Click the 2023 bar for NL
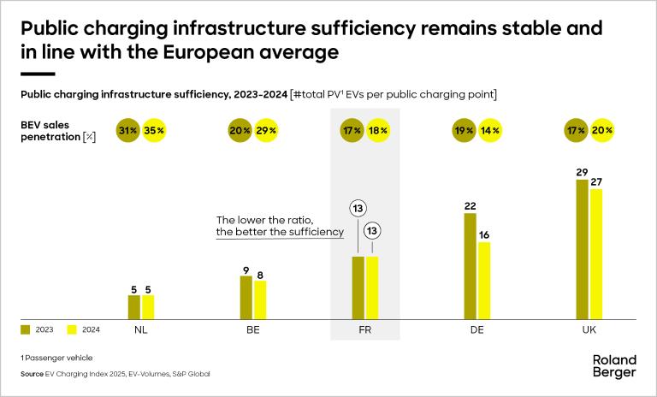[133, 307]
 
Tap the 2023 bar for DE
[470, 265]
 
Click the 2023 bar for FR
[358, 287]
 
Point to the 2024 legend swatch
[71, 329]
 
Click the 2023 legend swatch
[25, 329]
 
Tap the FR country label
[365, 329]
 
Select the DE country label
[476, 329]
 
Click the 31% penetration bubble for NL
[128, 130]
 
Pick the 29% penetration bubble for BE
[266, 130]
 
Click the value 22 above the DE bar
[470, 205]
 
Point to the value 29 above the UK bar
[583, 172]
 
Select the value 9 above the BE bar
[246, 269]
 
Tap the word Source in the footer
[33, 374]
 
